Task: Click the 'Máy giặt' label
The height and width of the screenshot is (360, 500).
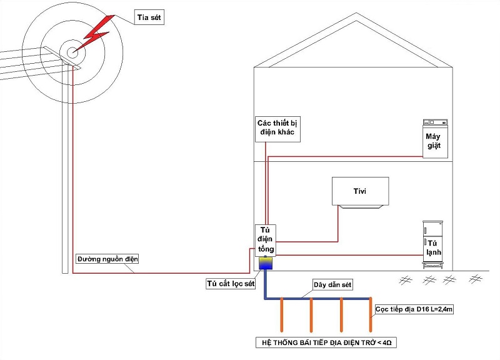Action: pyautogui.click(x=434, y=141)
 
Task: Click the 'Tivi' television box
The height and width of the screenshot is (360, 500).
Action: pyautogui.click(x=360, y=191)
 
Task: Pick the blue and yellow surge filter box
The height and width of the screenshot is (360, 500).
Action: pyautogui.click(x=266, y=262)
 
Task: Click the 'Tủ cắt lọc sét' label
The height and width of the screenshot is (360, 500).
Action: pyautogui.click(x=231, y=283)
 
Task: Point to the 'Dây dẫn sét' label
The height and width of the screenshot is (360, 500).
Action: pyautogui.click(x=333, y=284)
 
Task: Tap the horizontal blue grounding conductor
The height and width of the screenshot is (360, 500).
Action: pyautogui.click(x=325, y=299)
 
